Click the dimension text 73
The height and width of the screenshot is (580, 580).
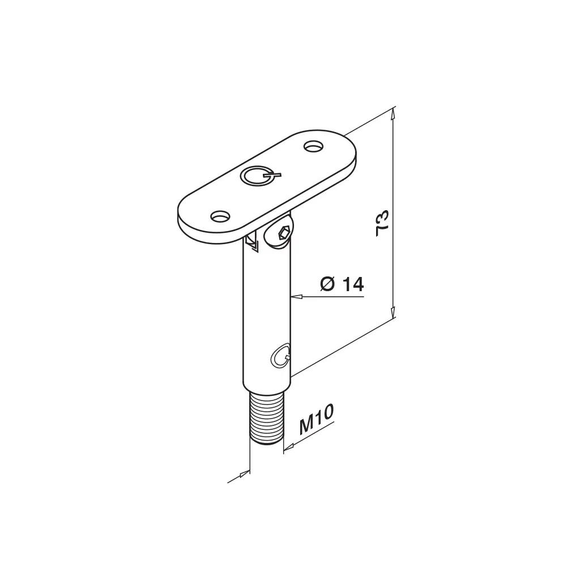382,223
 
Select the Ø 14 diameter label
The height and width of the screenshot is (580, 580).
342,284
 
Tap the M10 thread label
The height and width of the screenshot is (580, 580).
316,419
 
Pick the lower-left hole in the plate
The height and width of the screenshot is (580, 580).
220,216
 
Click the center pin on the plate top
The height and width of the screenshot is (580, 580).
259,175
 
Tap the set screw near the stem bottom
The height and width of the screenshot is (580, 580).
280,356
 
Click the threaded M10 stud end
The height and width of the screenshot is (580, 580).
267,419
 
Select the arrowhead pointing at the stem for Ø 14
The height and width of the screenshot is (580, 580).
297,296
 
